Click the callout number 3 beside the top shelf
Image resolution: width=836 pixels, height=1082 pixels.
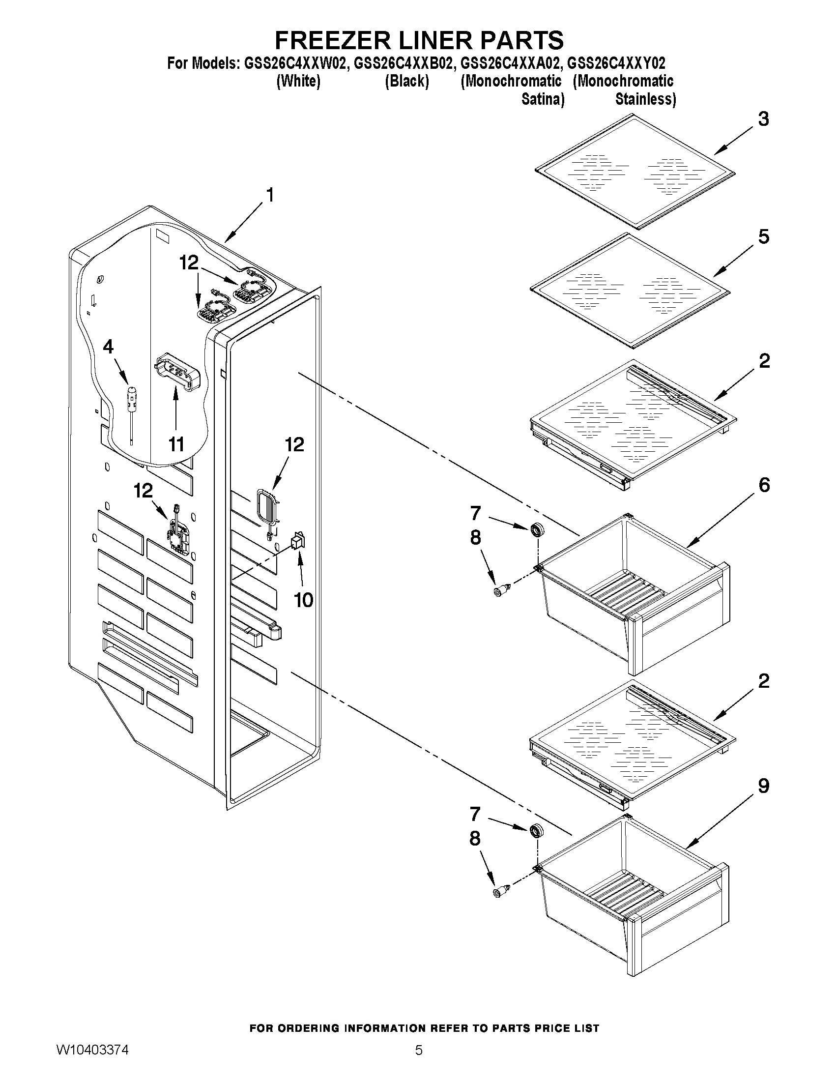[764, 119]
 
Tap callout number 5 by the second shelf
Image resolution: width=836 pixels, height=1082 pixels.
[764, 237]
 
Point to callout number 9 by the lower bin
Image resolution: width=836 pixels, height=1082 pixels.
[764, 786]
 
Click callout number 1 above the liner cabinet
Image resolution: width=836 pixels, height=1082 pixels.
[270, 195]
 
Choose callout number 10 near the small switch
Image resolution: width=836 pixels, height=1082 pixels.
[303, 600]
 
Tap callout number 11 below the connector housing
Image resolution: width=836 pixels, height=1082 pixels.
[176, 444]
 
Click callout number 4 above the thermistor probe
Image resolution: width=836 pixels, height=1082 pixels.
[108, 347]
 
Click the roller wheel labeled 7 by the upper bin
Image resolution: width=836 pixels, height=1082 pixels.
[536, 530]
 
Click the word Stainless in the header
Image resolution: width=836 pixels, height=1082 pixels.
[645, 99]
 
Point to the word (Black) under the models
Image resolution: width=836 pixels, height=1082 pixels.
[406, 81]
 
